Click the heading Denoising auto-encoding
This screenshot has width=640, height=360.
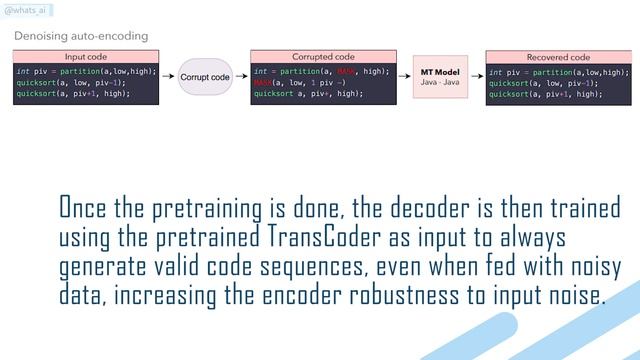click(x=81, y=36)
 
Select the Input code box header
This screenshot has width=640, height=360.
click(x=85, y=57)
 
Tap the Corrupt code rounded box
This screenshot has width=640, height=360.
click(x=205, y=77)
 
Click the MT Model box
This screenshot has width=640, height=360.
click(x=441, y=77)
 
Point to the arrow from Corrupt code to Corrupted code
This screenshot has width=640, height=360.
click(x=241, y=77)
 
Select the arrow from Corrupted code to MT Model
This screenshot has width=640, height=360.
click(x=402, y=77)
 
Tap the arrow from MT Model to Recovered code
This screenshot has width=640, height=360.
click(x=477, y=77)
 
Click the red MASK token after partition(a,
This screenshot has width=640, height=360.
click(x=346, y=72)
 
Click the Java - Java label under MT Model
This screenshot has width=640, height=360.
click(x=441, y=84)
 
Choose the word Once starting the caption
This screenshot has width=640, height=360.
click(x=83, y=209)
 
